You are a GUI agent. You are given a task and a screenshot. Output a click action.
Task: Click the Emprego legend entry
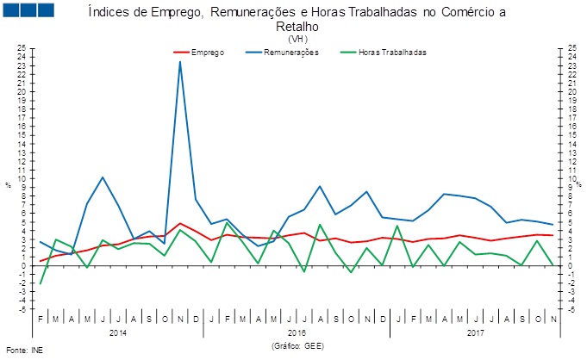pyautogui.click(x=208, y=52)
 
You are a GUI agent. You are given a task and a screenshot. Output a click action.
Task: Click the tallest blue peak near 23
pyautogui.click(x=180, y=61)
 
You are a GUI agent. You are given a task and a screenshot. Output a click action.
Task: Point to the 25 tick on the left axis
pyautogui.click(x=22, y=48)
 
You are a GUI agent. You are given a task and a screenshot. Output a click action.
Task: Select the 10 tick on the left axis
pyautogui.click(x=22, y=178)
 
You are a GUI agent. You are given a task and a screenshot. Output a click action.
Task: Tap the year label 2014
pyautogui.click(x=118, y=331)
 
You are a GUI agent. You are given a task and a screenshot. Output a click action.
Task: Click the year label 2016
pyautogui.click(x=297, y=331)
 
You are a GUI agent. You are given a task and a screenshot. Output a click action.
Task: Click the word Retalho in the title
pyautogui.click(x=297, y=26)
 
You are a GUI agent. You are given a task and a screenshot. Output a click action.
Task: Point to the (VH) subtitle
pyautogui.click(x=297, y=39)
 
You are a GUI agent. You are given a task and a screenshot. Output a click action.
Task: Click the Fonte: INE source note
pyautogui.click(x=23, y=351)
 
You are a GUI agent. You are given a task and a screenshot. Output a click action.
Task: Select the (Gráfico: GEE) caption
pyautogui.click(x=297, y=344)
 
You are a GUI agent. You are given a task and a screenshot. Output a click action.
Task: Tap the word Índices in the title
pyautogui.click(x=109, y=11)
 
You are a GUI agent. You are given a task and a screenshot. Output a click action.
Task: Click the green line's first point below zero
pyautogui.click(x=41, y=283)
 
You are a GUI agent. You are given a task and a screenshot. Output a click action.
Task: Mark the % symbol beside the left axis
pyautogui.click(x=8, y=185)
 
